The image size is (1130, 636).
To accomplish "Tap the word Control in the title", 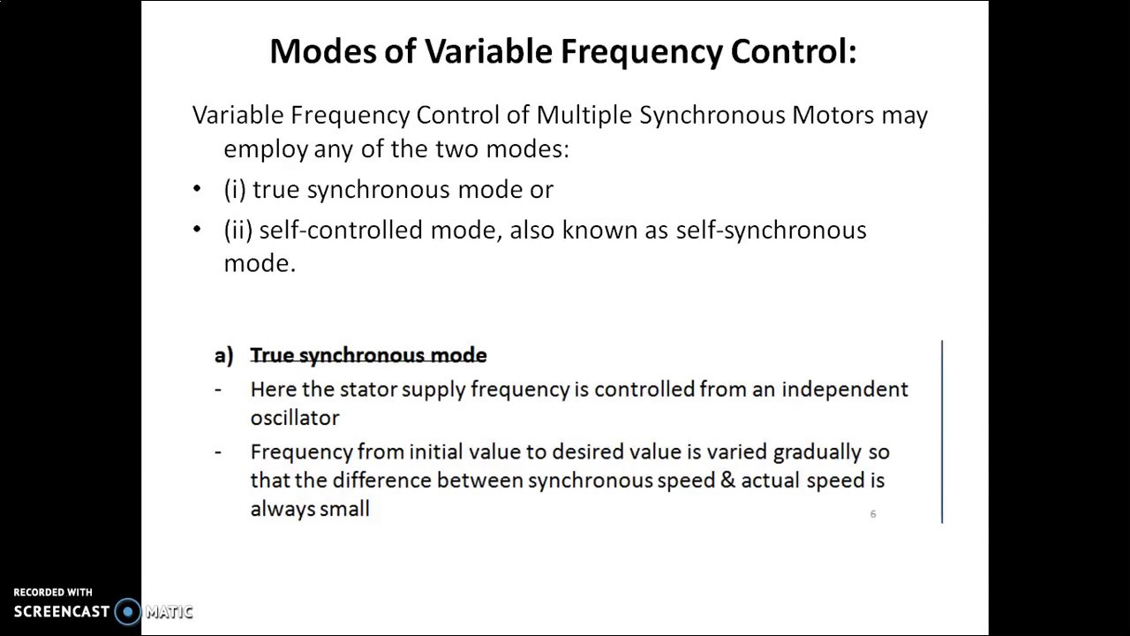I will [793, 51].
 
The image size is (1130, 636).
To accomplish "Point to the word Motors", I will [832, 115].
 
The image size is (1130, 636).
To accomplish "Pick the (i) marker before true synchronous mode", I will [235, 189].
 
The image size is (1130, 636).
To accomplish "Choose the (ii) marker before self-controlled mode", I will [238, 230].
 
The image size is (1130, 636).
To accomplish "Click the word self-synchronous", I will [771, 230].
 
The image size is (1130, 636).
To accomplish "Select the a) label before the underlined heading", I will [223, 355].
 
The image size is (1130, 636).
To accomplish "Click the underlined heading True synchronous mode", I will [368, 355].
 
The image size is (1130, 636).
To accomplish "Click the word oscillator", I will [294, 418].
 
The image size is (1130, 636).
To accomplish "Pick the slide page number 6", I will [873, 514].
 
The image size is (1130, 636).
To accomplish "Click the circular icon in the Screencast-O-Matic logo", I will [128, 611].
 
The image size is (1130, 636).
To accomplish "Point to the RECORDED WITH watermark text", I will [53, 593].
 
